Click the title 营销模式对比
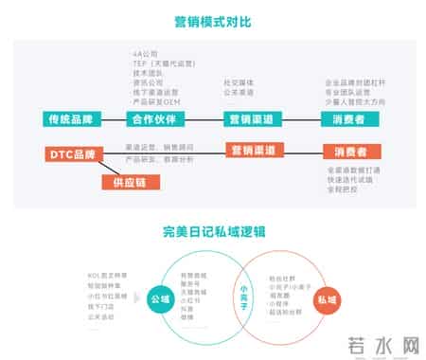tap(212, 19)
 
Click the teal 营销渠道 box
tap(251, 119)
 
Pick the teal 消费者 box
tap(348, 119)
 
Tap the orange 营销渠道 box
tap(251, 151)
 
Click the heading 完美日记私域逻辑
tap(212, 231)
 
